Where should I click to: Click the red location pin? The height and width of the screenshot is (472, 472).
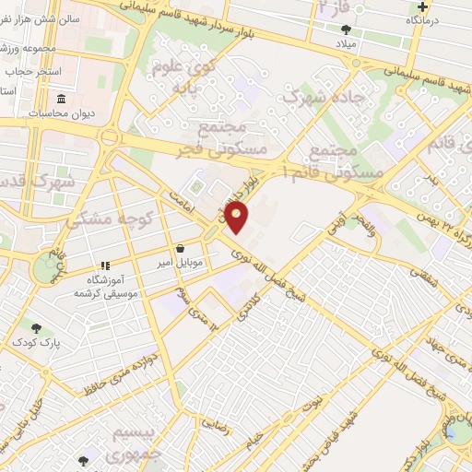pyautogui.click(x=238, y=218)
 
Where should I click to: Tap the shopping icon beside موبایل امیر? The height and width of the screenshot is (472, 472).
pyautogui.click(x=179, y=249)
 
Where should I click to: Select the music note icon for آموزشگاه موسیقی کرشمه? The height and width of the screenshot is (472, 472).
pyautogui.click(x=105, y=264)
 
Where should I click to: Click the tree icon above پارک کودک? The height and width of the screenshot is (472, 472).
pyautogui.click(x=36, y=328)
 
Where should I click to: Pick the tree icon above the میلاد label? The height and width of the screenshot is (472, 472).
pyautogui.click(x=345, y=29)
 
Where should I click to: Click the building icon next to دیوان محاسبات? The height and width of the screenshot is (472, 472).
pyautogui.click(x=61, y=99)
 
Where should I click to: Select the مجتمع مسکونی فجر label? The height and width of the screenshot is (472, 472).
pyautogui.click(x=238, y=136)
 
